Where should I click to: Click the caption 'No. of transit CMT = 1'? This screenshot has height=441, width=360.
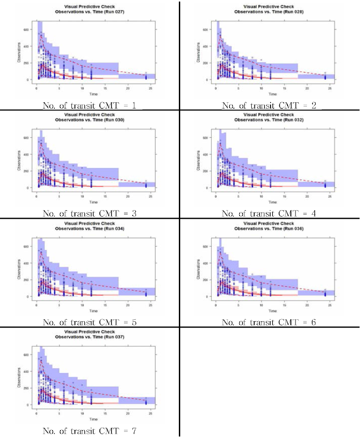point(89,105)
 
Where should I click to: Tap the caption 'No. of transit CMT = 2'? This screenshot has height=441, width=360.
point(269,105)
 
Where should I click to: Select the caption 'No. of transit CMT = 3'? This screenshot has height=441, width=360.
point(89,213)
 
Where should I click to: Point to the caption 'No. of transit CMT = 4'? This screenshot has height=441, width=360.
point(269,213)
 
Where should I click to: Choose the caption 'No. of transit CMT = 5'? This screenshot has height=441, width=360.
point(89,322)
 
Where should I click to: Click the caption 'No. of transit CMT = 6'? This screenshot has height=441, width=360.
point(269,322)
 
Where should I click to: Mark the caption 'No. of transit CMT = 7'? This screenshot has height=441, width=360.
point(89,431)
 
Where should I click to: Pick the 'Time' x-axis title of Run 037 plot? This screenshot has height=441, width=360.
point(94,419)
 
